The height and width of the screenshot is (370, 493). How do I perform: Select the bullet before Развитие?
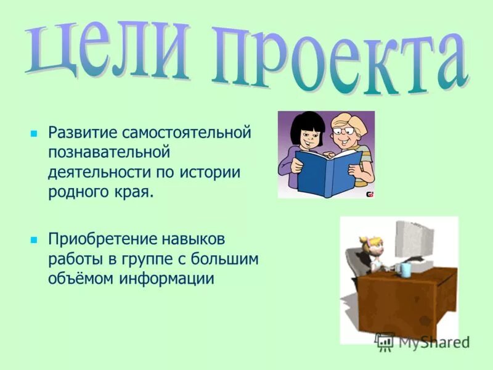(x=35, y=133)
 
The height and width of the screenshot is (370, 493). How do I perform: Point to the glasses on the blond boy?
(x=342, y=131)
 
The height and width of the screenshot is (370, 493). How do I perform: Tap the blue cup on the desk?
(x=405, y=269)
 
